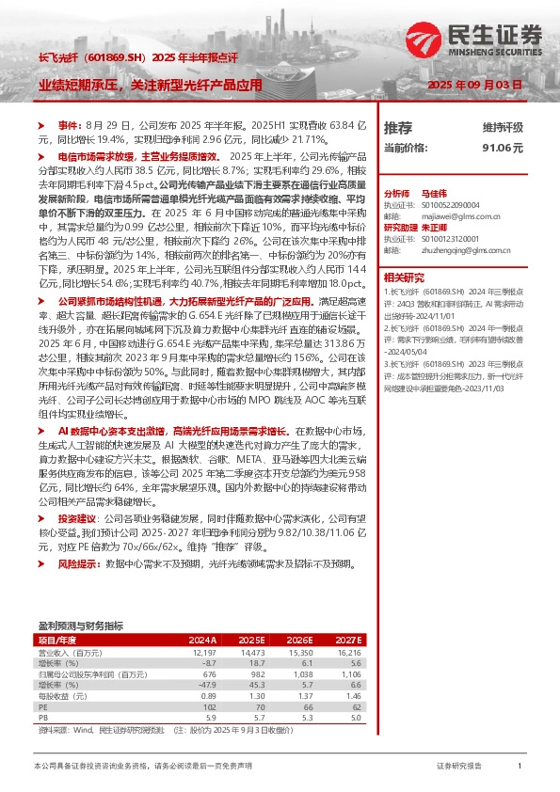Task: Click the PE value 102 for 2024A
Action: click(x=210, y=705)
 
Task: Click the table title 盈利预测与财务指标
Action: click(x=80, y=625)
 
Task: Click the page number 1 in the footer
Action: click(x=520, y=767)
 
